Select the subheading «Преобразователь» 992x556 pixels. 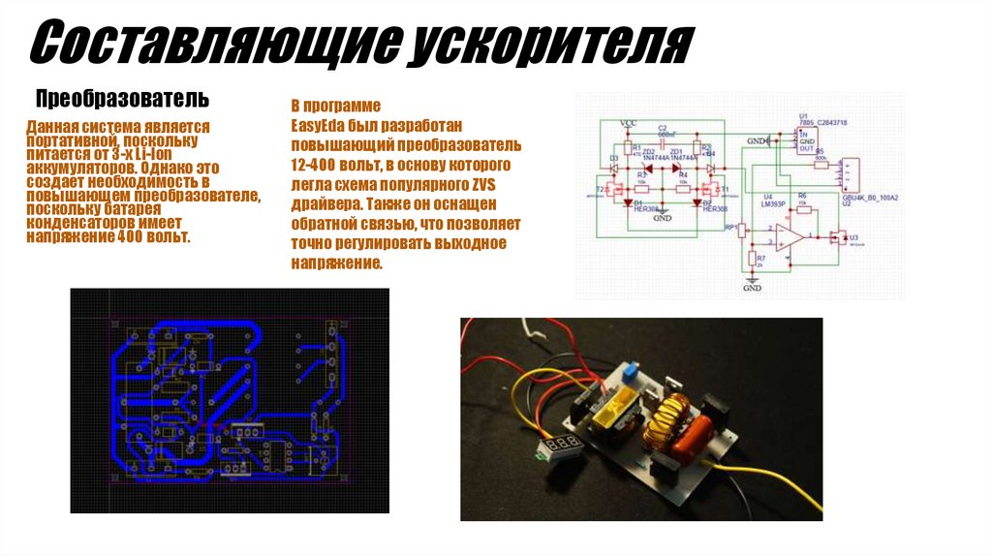click(122, 99)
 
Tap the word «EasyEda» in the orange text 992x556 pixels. click(316, 125)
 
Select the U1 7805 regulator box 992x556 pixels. click(803, 141)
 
